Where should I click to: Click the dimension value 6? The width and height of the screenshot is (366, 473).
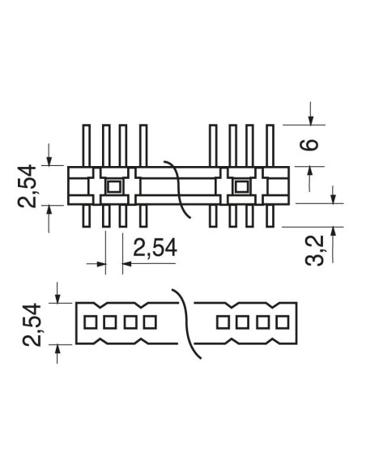pyautogui.click(x=309, y=144)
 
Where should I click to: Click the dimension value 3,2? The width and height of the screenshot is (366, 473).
pyautogui.click(x=314, y=251)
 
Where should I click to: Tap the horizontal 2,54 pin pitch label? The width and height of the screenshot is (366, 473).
pyautogui.click(x=155, y=248)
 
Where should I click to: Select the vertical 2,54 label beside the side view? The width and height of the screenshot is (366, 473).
pyautogui.click(x=27, y=186)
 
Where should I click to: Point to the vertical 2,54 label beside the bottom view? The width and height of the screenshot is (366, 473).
pyautogui.click(x=32, y=325)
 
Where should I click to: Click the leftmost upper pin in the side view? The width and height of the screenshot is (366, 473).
pyautogui.click(x=87, y=146)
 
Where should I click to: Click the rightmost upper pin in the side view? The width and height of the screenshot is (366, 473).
pyautogui.click(x=270, y=146)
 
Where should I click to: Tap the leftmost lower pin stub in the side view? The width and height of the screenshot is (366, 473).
pyautogui.click(x=87, y=215)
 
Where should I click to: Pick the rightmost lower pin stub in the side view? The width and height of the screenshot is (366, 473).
pyautogui.click(x=270, y=215)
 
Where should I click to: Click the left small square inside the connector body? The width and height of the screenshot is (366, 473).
pyautogui.click(x=114, y=187)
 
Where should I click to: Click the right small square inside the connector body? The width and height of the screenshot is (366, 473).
pyautogui.click(x=241, y=187)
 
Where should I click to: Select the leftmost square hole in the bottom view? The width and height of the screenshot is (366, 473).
pyautogui.click(x=90, y=322)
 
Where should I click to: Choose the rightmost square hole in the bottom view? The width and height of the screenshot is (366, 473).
pyautogui.click(x=283, y=322)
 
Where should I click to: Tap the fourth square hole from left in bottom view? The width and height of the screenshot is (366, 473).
pyautogui.click(x=150, y=322)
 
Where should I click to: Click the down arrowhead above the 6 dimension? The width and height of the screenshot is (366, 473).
pyautogui.click(x=311, y=120)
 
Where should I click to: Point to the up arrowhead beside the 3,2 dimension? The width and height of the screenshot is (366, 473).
pyautogui.click(x=333, y=232)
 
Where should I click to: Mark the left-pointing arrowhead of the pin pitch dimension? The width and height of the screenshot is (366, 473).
pyautogui.click(x=127, y=264)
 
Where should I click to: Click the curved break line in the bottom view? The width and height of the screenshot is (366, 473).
pyautogui.click(x=186, y=323)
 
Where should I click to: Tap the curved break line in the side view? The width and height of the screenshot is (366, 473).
pyautogui.click(x=178, y=189)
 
